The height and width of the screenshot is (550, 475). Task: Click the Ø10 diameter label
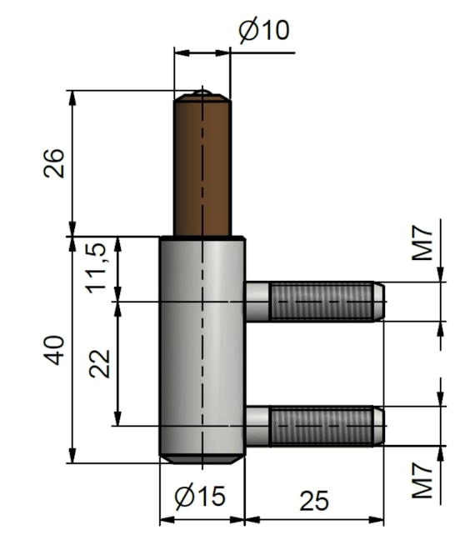tap(264, 30)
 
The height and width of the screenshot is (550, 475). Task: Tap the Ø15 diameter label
tap(200, 496)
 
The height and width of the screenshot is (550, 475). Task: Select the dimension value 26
tap(54, 163)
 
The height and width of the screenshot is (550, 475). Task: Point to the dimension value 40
tap(54, 350)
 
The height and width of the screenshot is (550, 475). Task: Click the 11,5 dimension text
tap(96, 268)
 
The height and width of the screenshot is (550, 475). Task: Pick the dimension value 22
tap(100, 363)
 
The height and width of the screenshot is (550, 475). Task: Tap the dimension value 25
tap(314, 501)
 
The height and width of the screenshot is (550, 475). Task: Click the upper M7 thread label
tap(422, 243)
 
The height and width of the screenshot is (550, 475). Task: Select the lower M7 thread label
tap(422, 481)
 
